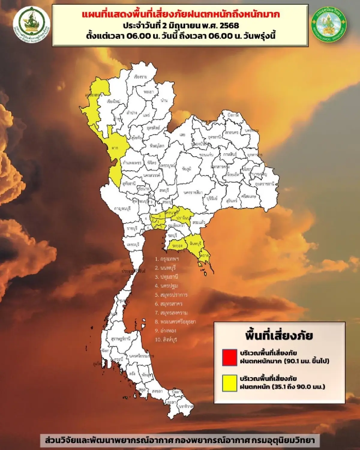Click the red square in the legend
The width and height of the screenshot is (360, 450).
tap(229, 357)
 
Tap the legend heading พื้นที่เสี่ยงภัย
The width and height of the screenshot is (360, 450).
tap(279, 335)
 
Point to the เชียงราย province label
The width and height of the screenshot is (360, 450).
tap(141, 77)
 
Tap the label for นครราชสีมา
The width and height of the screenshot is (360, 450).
tap(193, 192)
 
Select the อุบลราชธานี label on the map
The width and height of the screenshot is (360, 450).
tap(265, 184)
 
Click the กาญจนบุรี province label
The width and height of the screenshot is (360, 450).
tap(122, 208)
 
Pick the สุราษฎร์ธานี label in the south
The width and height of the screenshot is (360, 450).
tap(121, 339)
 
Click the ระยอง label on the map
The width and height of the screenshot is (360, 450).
tap(177, 246)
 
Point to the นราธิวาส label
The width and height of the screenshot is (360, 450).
tap(186, 406)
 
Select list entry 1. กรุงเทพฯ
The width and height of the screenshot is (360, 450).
tap(167, 259)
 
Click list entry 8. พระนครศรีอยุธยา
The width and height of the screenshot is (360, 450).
tap(175, 322)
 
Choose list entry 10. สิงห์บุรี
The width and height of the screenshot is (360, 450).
tap(166, 340)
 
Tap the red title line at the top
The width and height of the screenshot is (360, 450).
tap(181, 14)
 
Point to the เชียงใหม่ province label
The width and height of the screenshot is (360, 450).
tap(113, 101)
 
